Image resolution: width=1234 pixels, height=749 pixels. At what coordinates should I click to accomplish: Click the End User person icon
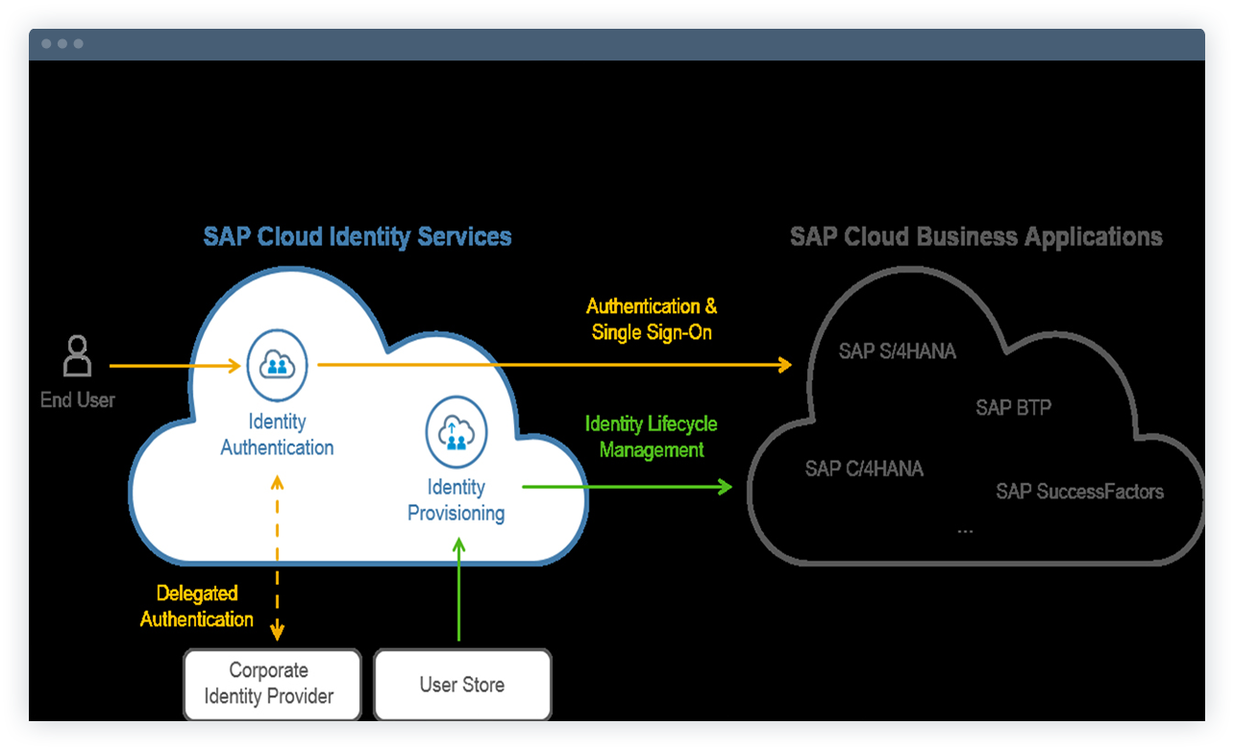(77, 355)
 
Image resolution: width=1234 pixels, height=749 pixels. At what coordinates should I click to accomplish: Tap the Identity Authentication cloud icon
(277, 365)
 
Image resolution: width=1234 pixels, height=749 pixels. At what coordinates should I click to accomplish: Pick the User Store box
(462, 685)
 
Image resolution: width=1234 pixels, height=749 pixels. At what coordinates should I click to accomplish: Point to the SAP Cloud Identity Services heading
(358, 237)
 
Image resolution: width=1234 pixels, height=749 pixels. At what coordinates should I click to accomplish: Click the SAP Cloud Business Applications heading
(975, 237)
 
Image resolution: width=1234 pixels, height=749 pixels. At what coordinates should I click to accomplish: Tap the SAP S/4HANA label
(898, 351)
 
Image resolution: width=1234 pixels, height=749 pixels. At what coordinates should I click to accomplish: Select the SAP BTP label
(1013, 407)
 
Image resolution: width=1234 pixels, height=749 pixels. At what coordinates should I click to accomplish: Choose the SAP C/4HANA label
(864, 469)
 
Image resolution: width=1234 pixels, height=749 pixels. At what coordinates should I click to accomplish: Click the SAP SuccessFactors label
(1079, 492)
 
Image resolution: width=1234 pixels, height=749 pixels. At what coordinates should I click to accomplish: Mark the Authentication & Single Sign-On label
(652, 320)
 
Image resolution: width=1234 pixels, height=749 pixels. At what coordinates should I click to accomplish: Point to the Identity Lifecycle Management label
(652, 436)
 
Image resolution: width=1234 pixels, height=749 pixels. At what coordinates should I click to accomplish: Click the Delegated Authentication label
(197, 606)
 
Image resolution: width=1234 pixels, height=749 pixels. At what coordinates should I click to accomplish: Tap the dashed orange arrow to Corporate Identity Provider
(278, 557)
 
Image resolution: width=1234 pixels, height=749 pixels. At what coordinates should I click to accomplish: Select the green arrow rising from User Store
(458, 591)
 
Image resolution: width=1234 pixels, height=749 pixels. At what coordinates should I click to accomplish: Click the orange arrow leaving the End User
(173, 365)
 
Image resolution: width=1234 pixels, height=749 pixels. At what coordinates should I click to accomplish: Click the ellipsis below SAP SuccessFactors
(965, 530)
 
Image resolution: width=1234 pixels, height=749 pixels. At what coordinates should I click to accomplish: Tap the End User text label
(77, 399)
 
